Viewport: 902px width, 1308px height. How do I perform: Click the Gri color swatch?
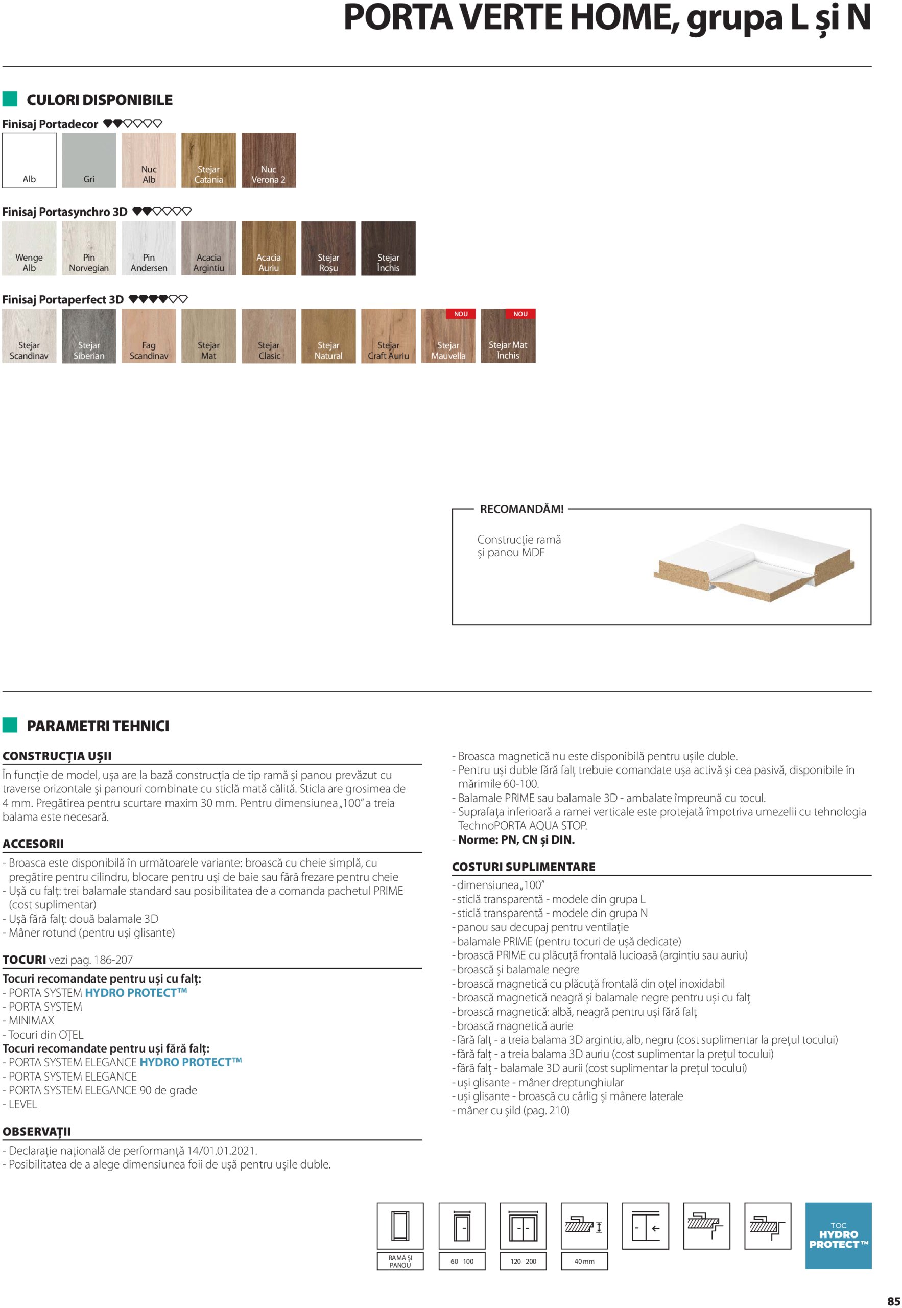pyautogui.click(x=89, y=160)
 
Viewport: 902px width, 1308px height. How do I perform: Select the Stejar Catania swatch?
pyautogui.click(x=208, y=160)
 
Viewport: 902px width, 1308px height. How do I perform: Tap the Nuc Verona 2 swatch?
pyautogui.click(x=269, y=160)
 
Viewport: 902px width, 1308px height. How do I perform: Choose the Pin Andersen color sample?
pyautogui.click(x=149, y=248)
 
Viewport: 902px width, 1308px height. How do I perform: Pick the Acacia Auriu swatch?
pyautogui.click(x=269, y=248)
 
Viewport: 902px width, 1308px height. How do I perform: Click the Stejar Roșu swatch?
pyautogui.click(x=328, y=248)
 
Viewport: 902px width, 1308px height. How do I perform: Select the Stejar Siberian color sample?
pyautogui.click(x=89, y=336)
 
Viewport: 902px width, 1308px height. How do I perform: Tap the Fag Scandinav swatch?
pyautogui.click(x=149, y=336)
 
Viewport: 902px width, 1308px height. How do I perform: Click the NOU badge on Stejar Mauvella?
pyautogui.click(x=461, y=314)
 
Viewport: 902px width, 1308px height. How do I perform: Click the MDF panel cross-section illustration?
pyautogui.click(x=753, y=564)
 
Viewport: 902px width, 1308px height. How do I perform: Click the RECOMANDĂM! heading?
pyautogui.click(x=521, y=509)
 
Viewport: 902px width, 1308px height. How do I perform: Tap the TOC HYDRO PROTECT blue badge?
pyautogui.click(x=838, y=1235)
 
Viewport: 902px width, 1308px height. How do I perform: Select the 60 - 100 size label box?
pyautogui.click(x=462, y=1261)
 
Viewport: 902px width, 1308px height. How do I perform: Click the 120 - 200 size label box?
pyautogui.click(x=524, y=1261)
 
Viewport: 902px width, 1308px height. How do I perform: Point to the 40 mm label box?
pyautogui.click(x=584, y=1261)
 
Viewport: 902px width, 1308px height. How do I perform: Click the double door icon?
pyautogui.click(x=524, y=1225)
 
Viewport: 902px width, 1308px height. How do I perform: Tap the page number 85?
pyautogui.click(x=893, y=1301)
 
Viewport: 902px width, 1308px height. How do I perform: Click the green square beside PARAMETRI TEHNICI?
pyautogui.click(x=10, y=725)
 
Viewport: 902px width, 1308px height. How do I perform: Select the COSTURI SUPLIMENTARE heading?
pyautogui.click(x=524, y=867)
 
